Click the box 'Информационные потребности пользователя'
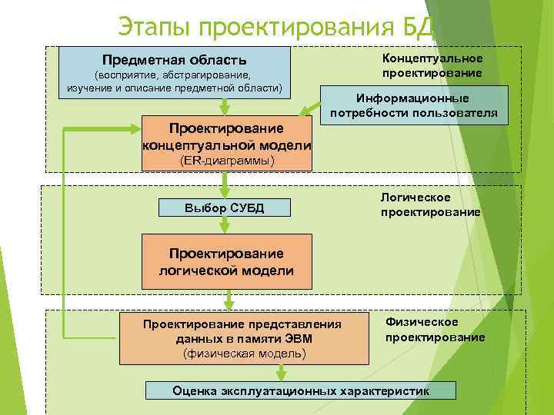414,106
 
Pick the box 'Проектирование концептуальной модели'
227,136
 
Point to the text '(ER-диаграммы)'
227,162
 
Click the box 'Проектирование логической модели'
226,262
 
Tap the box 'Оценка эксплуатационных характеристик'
301,390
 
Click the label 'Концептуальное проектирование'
432,65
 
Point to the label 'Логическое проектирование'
430,204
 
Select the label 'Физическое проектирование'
435,329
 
